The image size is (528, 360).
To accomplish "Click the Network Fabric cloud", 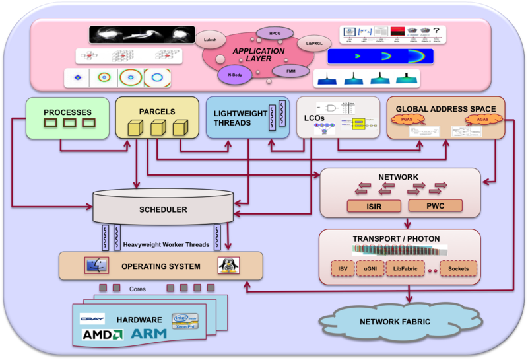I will (x=397, y=322).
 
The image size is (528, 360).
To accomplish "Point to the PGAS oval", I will (x=408, y=120).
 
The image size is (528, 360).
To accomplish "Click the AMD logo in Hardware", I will (x=99, y=335).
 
